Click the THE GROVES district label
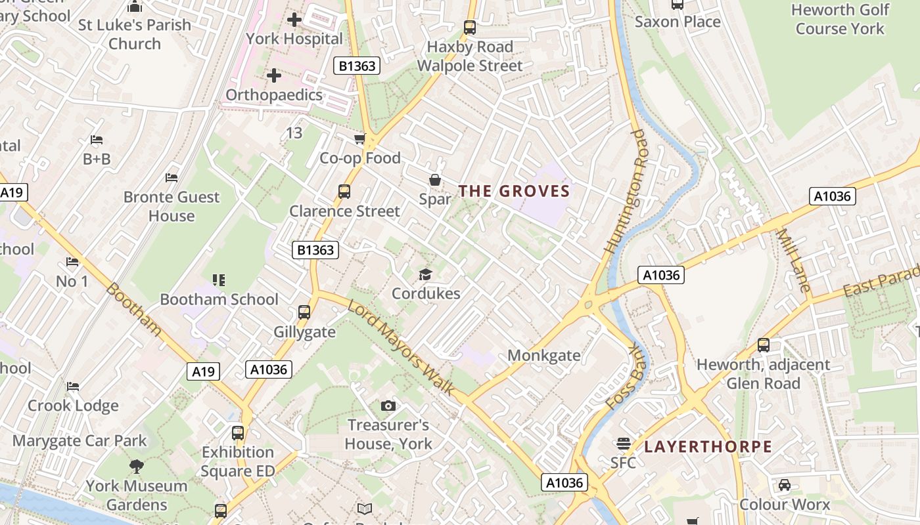coord(514,191)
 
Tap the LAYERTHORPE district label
coord(708,447)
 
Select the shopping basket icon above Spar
coord(434,179)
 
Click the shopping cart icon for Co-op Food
coord(359,138)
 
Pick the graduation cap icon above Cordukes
coord(426,274)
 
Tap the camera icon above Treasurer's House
coord(388,406)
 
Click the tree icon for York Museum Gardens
coord(137,467)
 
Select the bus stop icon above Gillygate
coord(304,312)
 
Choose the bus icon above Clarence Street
coord(344,191)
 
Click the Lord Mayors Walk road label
coord(401,347)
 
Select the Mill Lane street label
coord(794,260)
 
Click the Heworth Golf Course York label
coord(840,19)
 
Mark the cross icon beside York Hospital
coord(294,20)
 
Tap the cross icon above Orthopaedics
coord(274,75)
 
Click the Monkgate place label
coord(543,356)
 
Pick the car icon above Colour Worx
coord(784,485)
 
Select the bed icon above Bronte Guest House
coord(172,178)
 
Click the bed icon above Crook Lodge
coord(73,387)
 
